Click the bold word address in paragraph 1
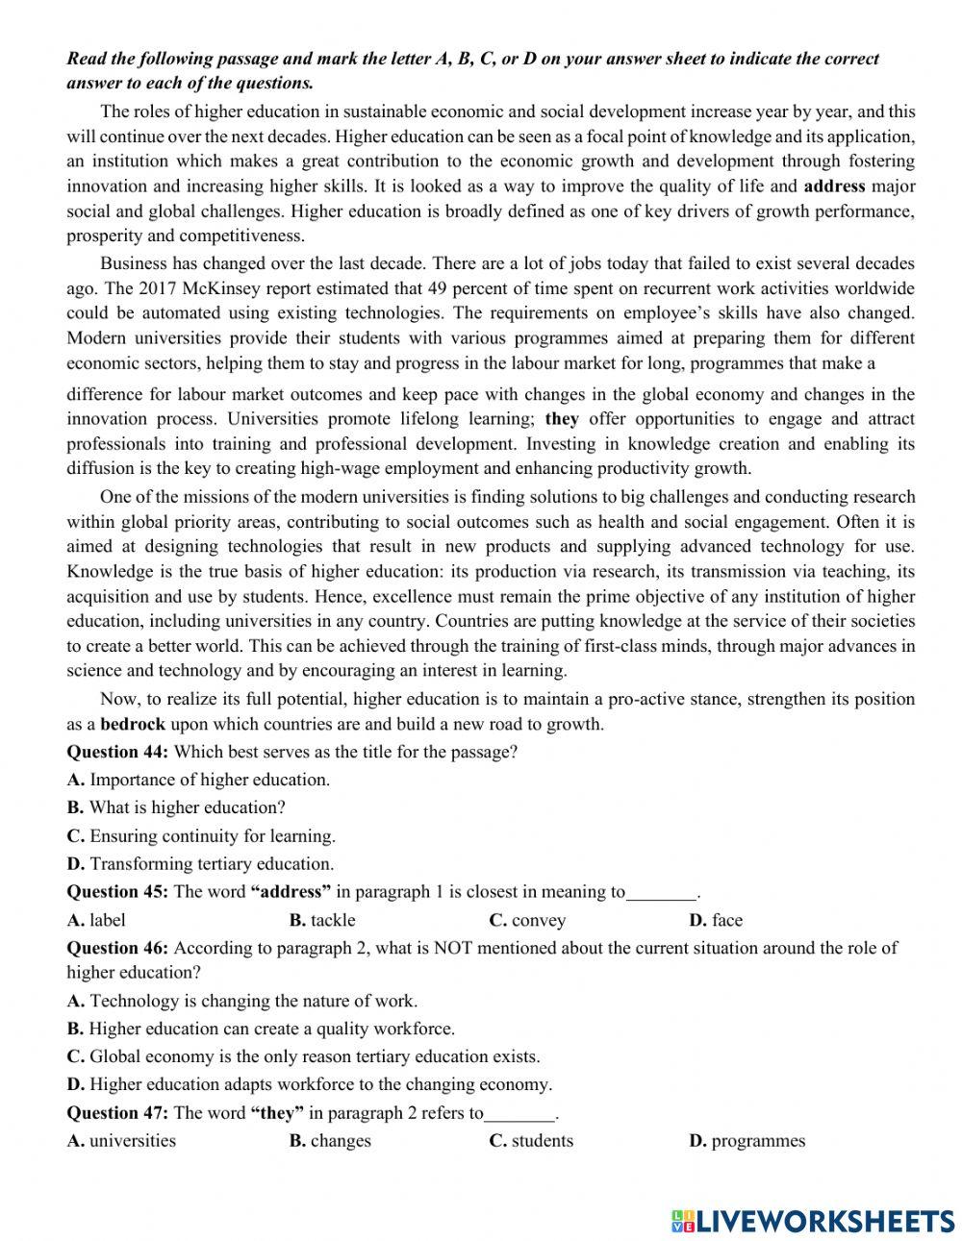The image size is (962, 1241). [834, 186]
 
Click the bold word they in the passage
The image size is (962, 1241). [562, 419]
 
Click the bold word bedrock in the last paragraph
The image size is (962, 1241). [133, 725]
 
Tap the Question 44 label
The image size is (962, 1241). [117, 752]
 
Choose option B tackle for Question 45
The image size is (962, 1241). [322, 920]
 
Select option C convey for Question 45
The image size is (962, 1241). [527, 920]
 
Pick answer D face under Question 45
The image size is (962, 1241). [716, 920]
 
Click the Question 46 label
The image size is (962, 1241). [117, 948]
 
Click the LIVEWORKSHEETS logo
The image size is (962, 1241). [813, 1220]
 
